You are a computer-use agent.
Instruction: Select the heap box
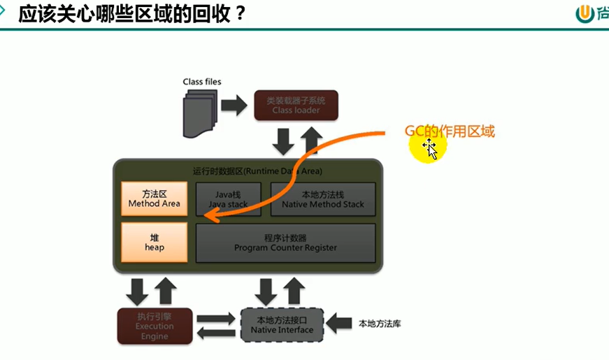point(154,242)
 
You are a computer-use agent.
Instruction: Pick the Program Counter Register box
point(285,242)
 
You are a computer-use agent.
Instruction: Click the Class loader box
point(296,105)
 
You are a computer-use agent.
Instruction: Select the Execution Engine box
point(155,325)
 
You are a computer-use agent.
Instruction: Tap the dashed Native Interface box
point(282,324)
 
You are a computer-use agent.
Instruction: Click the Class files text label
point(202,82)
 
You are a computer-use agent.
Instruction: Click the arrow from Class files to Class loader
point(234,106)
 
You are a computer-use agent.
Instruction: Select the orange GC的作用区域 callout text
point(450,131)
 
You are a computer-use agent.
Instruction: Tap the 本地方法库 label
point(380,324)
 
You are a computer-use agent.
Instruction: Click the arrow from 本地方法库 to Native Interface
point(340,323)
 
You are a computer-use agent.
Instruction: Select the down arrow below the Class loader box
point(282,142)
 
